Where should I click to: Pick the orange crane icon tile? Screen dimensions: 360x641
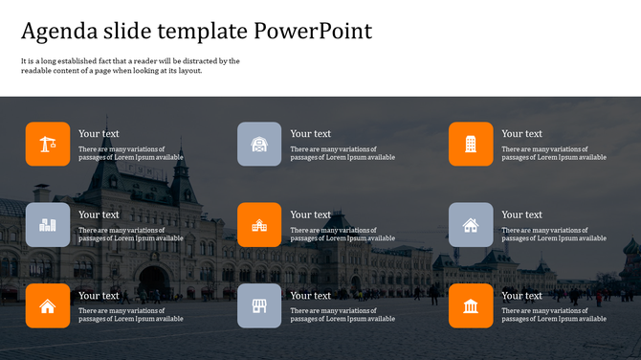point(48,144)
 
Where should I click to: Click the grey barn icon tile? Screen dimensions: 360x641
point(259,144)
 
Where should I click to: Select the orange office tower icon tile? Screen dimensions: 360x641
point(471,144)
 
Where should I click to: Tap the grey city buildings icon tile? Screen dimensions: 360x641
point(48,225)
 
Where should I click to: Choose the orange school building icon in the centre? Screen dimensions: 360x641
point(259,225)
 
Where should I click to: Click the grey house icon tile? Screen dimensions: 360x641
point(471,225)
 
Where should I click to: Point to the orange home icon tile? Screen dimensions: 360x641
point(48,305)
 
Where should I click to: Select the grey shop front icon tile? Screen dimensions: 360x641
point(259,305)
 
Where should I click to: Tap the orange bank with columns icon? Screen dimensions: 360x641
point(471,305)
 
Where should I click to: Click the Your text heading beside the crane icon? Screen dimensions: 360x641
point(99,134)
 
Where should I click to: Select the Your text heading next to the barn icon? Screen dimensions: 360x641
point(310,134)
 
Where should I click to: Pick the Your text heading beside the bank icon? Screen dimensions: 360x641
point(521,296)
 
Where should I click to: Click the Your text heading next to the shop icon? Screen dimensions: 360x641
point(310,296)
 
